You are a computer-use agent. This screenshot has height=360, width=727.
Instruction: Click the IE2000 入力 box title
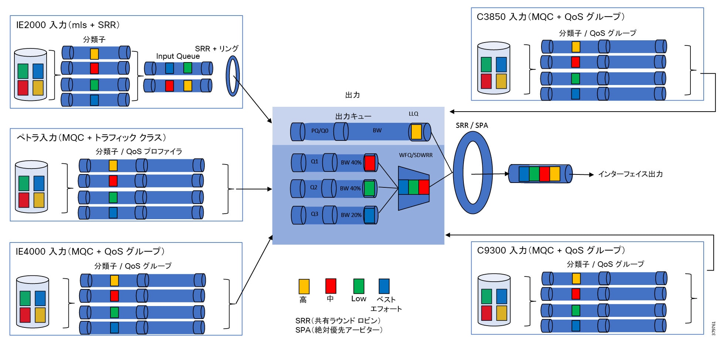tap(68, 25)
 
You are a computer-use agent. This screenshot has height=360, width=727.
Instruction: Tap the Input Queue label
tap(178, 56)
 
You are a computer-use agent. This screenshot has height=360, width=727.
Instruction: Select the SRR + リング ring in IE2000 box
tap(232, 76)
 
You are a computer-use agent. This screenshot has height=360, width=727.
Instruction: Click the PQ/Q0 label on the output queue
tap(320, 131)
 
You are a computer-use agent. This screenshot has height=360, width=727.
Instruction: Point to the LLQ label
tap(414, 114)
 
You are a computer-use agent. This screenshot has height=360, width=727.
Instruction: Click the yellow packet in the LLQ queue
tap(416, 132)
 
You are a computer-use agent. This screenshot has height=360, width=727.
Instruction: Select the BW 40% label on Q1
tap(351, 163)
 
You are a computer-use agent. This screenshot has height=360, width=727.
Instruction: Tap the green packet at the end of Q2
tap(369, 189)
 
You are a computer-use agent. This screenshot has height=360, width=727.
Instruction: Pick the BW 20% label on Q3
tap(351, 215)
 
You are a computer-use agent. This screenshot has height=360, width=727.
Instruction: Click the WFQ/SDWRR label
tap(416, 155)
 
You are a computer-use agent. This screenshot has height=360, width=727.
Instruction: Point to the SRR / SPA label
tap(472, 126)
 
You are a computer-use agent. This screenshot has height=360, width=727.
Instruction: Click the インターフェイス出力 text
tap(631, 174)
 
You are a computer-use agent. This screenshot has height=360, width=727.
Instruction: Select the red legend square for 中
tap(331, 286)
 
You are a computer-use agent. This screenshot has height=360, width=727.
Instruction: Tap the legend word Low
tap(359, 299)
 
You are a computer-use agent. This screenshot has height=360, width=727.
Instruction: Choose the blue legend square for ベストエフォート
tap(384, 286)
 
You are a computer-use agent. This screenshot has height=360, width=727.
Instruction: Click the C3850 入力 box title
tap(551, 17)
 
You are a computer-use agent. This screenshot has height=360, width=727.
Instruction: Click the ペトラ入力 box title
tap(91, 138)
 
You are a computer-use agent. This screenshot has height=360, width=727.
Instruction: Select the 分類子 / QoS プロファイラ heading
tap(139, 152)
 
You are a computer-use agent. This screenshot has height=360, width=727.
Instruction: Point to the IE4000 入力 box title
tap(90, 252)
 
